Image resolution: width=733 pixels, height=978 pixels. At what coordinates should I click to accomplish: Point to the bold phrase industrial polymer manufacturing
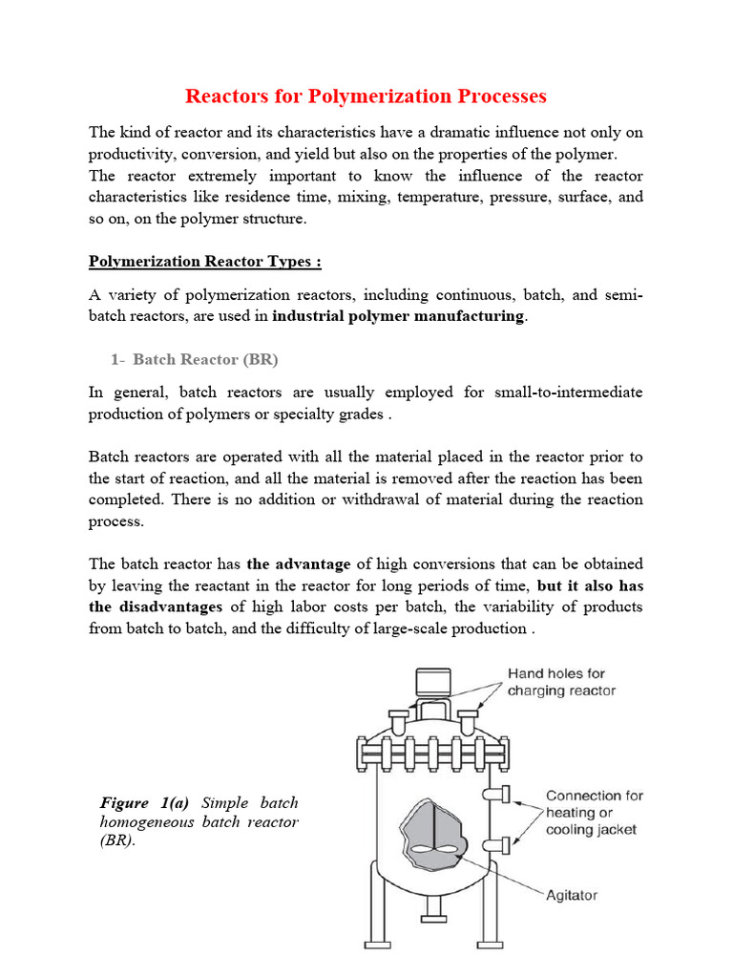(x=398, y=316)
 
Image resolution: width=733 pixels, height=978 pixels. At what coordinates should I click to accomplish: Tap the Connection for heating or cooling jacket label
(x=594, y=812)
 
